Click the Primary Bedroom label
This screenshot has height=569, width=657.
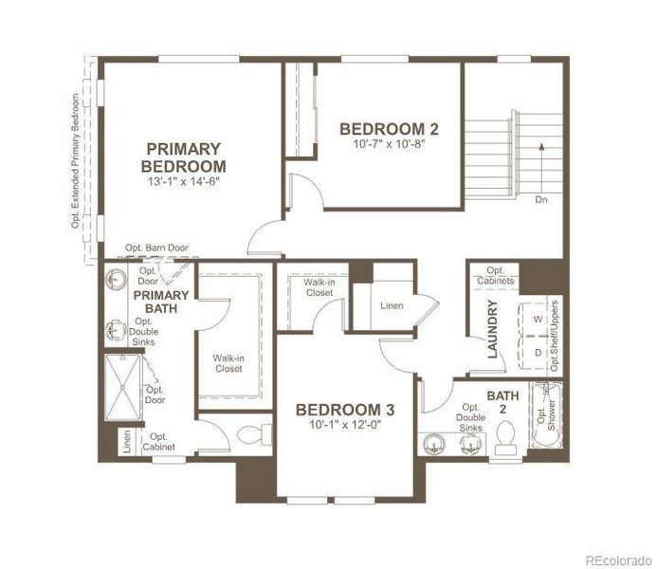point(184,156)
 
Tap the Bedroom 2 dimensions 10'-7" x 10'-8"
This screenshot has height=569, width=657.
point(389,145)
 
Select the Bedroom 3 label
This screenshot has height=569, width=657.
point(345,410)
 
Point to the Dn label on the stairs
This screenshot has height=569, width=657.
point(540,200)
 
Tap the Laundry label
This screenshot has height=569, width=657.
point(492,329)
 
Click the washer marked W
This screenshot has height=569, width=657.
point(538,320)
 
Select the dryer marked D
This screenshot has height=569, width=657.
point(538,352)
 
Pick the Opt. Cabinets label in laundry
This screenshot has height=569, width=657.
point(495,276)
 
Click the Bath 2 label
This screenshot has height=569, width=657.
point(498,402)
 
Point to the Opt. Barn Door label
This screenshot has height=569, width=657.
point(156,248)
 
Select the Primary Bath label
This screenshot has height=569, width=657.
point(161,302)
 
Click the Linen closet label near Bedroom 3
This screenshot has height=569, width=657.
point(392,306)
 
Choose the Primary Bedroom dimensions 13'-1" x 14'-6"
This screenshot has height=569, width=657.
point(184,180)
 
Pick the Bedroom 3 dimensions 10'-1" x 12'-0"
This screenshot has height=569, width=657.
point(345,425)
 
